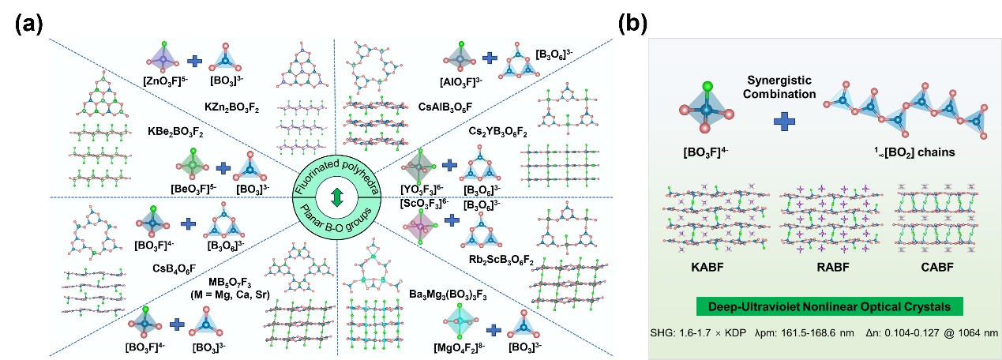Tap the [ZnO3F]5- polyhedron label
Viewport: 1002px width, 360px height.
[x=163, y=81]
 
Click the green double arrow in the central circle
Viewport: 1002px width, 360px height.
[x=336, y=196]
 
